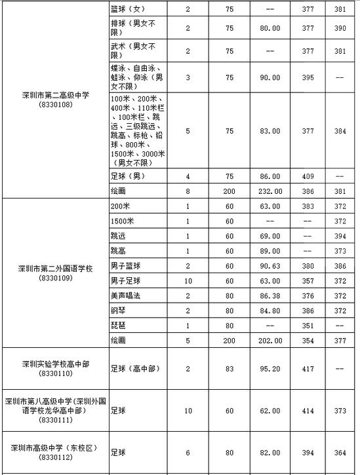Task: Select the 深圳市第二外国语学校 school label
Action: [55, 268]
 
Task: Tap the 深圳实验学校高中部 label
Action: [55, 364]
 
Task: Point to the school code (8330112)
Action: [55, 457]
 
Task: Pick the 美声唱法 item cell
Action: [125, 296]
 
